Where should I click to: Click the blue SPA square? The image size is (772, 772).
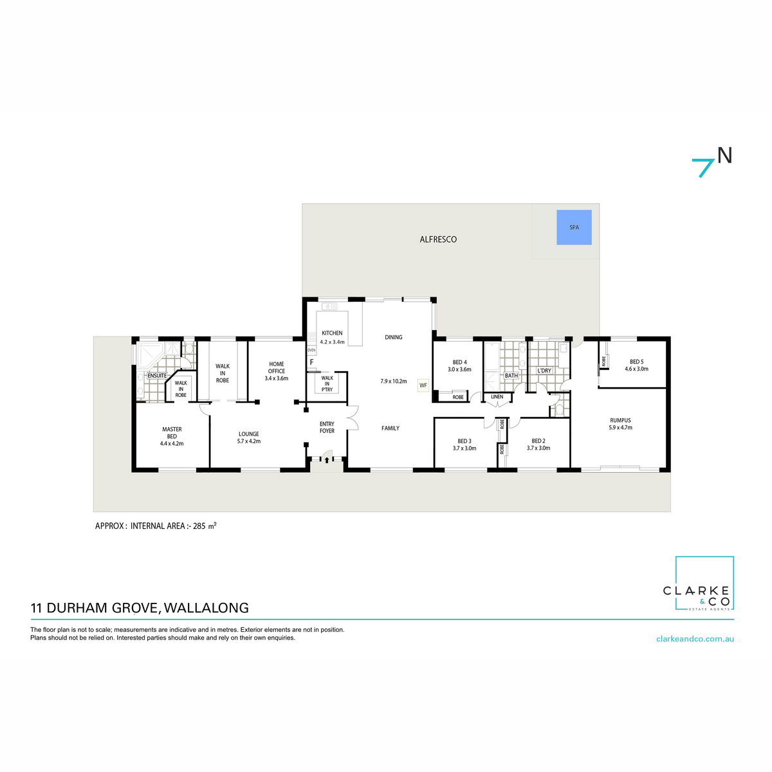pos(574,227)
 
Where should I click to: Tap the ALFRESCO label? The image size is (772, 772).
pos(438,239)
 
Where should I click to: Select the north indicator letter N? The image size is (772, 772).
pos(724,156)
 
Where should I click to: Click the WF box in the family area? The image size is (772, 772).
pos(423,385)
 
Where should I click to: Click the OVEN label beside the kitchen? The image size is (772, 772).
pos(311,350)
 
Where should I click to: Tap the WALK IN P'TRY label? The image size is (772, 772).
pos(327,383)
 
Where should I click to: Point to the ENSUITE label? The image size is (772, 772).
pos(157,376)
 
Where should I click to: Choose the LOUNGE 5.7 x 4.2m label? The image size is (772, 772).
pos(248,437)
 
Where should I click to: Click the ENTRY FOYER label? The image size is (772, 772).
pos(327,427)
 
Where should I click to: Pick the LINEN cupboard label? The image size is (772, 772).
pos(497,397)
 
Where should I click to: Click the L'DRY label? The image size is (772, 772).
pos(544,371)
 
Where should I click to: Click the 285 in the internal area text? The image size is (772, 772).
pos(199,526)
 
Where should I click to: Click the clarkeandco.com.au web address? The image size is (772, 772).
pos(695,639)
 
